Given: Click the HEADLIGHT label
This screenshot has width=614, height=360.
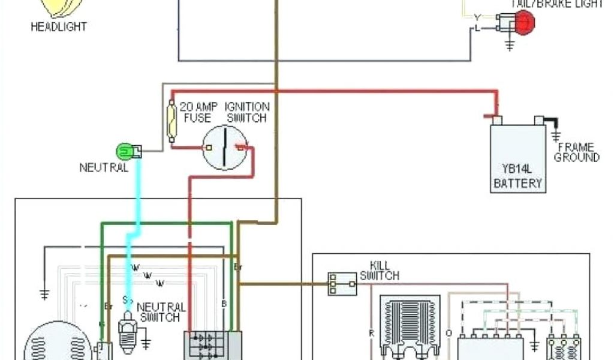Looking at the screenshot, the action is [59, 26].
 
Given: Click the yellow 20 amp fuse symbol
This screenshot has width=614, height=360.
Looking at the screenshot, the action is [171, 122].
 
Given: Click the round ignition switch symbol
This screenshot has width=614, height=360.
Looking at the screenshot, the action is [225, 147].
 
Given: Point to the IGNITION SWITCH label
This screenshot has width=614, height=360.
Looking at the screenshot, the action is [247, 112].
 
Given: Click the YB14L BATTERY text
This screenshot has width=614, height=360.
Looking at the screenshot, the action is [517, 176].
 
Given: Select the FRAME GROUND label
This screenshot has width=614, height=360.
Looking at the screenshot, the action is [576, 152].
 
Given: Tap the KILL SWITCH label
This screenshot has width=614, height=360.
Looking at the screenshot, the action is [379, 271].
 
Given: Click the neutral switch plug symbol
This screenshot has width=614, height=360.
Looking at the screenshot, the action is [128, 327].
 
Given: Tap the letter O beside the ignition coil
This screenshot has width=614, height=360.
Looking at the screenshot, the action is [449, 331].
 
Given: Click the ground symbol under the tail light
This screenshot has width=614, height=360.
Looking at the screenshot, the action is [510, 44].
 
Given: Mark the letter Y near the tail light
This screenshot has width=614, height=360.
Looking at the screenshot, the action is [477, 17].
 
